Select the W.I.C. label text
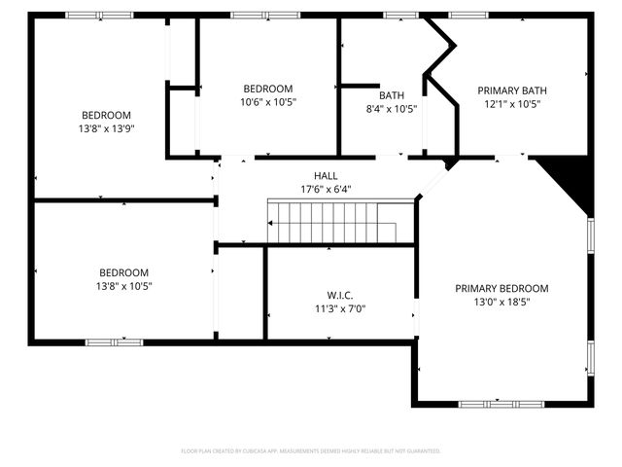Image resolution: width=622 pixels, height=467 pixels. click(x=339, y=295)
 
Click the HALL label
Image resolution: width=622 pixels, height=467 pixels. click(x=326, y=175)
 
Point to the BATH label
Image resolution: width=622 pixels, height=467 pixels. click(x=392, y=95)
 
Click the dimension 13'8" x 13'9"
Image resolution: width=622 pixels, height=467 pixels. click(x=106, y=127)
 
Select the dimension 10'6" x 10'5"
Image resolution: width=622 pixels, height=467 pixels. click(x=267, y=101)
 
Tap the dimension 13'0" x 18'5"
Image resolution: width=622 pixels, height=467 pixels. click(x=501, y=302)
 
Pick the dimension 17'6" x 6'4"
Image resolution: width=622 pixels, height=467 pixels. click(x=326, y=189)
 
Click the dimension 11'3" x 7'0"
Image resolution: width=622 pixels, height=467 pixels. click(x=339, y=308)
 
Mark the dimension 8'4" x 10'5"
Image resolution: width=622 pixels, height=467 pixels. click(x=392, y=109)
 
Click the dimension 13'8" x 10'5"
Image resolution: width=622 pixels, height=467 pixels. click(x=123, y=286)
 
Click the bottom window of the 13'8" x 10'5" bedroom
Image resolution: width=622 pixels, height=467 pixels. click(x=114, y=341)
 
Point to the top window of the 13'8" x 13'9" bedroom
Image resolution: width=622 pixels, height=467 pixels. click(x=99, y=15)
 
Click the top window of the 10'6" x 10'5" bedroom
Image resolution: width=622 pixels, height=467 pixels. click(x=264, y=15)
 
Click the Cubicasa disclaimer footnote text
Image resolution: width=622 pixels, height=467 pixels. click(x=311, y=451)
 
